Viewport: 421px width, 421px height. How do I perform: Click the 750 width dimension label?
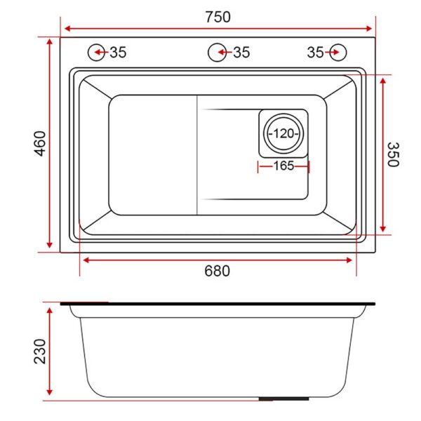tap(218, 17)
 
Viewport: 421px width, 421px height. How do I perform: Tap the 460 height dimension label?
tap(41, 143)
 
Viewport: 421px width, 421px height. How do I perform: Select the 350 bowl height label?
tap(394, 154)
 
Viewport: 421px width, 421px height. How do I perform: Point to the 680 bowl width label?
tap(218, 271)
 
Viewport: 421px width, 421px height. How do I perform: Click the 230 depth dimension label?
tap(40, 352)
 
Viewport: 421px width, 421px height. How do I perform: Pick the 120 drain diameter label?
tap(283, 133)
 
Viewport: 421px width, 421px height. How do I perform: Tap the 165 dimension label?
tap(283, 166)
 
